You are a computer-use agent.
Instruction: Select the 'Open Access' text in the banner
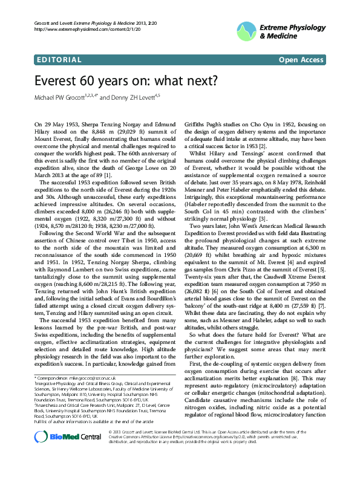pos(301,60)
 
